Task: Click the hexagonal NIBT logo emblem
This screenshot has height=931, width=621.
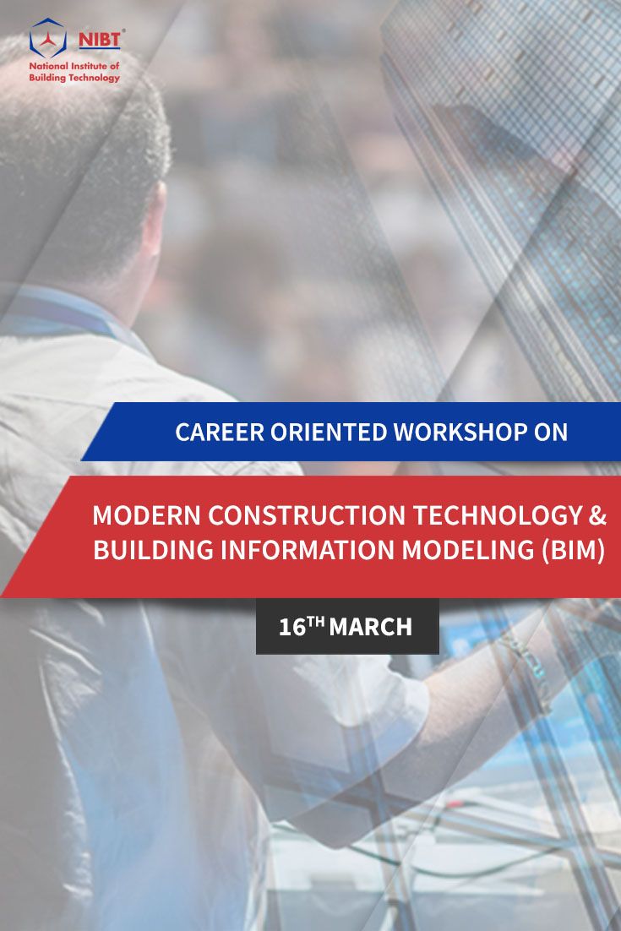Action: tap(47, 37)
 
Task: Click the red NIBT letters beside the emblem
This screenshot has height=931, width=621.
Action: tap(99, 39)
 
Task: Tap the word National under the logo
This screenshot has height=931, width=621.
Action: tap(49, 66)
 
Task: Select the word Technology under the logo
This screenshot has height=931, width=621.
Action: tap(93, 78)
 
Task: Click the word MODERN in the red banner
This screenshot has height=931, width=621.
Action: tap(147, 514)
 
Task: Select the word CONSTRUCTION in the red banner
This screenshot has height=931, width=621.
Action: tap(307, 514)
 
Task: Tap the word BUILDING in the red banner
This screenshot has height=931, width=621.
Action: tap(153, 550)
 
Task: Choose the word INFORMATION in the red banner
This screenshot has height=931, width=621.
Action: tap(308, 550)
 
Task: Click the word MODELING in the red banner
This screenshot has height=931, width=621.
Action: tap(468, 550)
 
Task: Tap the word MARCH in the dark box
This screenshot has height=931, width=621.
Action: tap(370, 627)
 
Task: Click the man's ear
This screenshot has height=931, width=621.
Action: tap(153, 219)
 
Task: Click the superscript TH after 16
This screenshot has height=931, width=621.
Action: tap(316, 622)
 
